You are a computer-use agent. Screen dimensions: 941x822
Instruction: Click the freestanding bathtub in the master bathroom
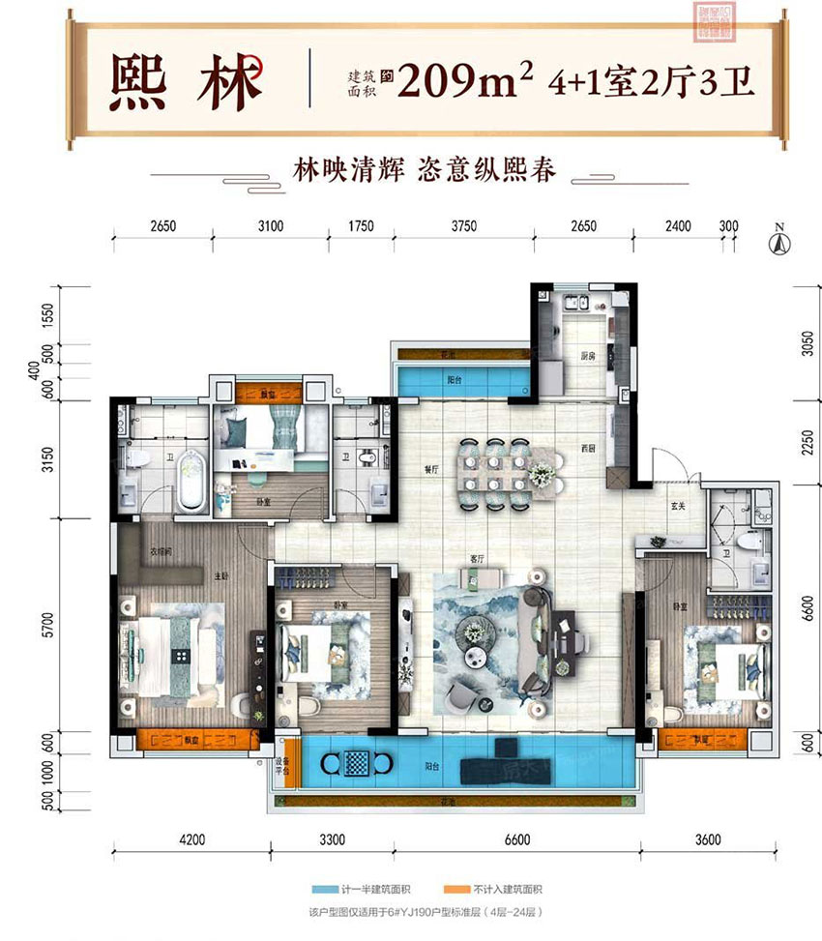[x=191, y=480]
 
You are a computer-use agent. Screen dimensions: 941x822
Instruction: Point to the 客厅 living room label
[x=476, y=560]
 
